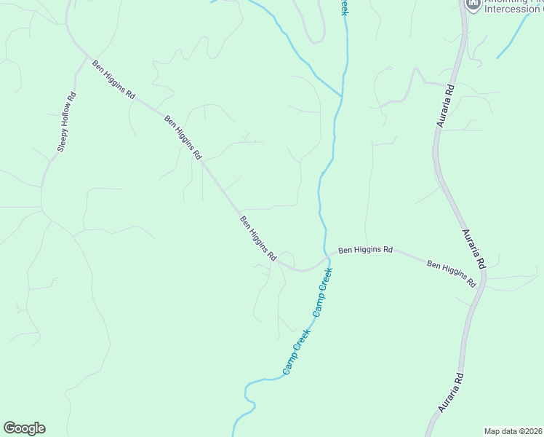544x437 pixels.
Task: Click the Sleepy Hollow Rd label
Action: click(x=67, y=122)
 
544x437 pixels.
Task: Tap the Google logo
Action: click(x=24, y=428)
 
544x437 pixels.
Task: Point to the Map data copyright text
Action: click(x=513, y=431)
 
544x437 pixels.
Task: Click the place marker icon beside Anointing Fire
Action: click(x=473, y=4)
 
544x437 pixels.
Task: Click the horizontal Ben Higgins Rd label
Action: click(x=365, y=249)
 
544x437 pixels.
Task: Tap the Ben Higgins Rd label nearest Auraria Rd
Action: click(x=451, y=273)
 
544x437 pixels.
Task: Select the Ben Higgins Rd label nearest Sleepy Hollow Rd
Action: click(x=113, y=79)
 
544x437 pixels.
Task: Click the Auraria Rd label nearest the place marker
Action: click(x=446, y=106)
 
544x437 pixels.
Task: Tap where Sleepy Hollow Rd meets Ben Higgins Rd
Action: click(x=89, y=58)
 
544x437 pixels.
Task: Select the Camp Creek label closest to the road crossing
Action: click(x=322, y=291)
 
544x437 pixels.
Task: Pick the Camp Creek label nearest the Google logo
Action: click(x=297, y=352)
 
